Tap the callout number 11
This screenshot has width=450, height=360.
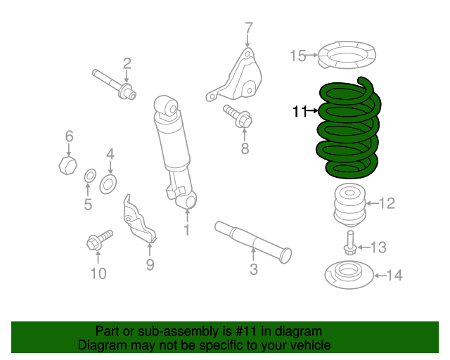[x=300, y=111]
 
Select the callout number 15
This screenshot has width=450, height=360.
[x=298, y=56]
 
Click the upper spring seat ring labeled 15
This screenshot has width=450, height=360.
[x=346, y=57]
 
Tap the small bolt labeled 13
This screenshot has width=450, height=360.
[x=349, y=247]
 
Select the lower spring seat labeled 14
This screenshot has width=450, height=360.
[x=345, y=274]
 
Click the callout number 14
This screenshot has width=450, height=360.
[x=395, y=276]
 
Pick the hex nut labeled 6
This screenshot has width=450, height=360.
[x=65, y=166]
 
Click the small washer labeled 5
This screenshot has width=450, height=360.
[x=89, y=175]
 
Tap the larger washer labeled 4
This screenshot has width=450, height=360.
[x=108, y=184]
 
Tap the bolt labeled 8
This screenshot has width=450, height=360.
[x=238, y=117]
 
